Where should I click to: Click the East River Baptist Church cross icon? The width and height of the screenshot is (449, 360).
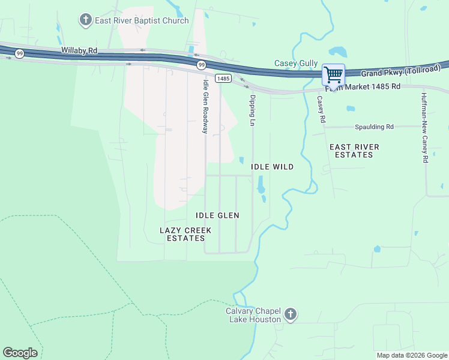(x=86, y=20)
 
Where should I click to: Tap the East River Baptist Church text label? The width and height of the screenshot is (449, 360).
(x=142, y=20)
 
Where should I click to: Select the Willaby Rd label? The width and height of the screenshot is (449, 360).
(x=79, y=51)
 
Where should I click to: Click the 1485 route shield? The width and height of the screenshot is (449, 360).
(x=223, y=79)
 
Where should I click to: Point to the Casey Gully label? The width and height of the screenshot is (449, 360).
(x=296, y=63)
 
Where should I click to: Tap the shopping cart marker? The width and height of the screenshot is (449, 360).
(x=333, y=75)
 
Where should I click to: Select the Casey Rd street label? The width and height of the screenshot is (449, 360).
(x=321, y=109)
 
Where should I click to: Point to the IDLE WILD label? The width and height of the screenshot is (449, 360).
(x=272, y=167)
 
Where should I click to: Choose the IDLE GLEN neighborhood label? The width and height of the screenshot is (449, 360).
(x=217, y=215)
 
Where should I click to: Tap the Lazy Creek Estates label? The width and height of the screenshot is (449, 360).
(x=185, y=234)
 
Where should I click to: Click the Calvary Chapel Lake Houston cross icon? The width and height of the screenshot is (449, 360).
(x=291, y=314)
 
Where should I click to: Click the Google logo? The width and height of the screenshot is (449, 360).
(x=20, y=353)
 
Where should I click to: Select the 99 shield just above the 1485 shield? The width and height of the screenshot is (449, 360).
(x=200, y=65)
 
